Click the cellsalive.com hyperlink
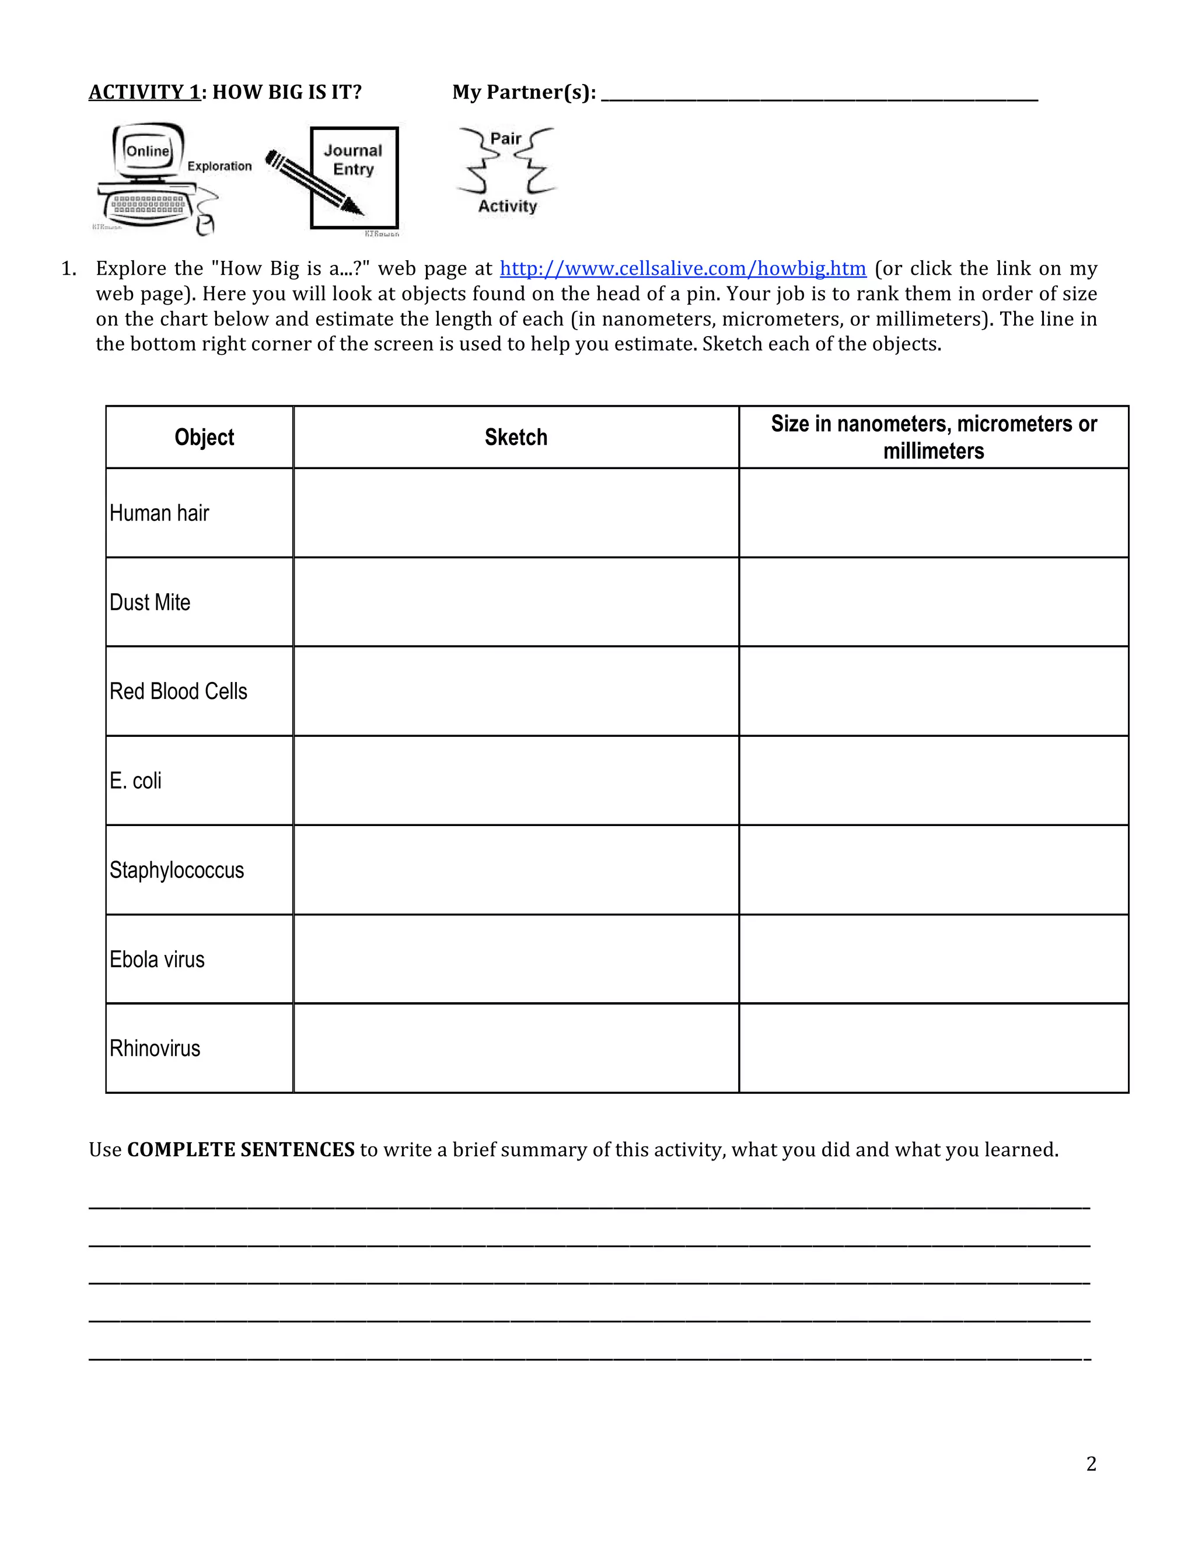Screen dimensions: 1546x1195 click(x=683, y=268)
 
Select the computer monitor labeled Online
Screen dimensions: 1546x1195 click(x=147, y=152)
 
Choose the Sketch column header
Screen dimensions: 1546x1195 click(x=515, y=438)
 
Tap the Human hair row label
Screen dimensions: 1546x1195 click(x=159, y=513)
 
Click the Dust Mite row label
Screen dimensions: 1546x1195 click(x=150, y=603)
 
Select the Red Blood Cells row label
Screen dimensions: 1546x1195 click(x=179, y=691)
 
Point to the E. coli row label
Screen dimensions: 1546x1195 click(x=135, y=781)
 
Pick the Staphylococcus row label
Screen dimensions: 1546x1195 click(x=176, y=870)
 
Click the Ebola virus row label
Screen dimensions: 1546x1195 click(x=157, y=960)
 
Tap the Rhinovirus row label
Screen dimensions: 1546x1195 click(x=155, y=1048)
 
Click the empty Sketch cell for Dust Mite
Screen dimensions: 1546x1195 click(x=515, y=603)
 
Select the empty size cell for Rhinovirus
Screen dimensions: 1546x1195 click(x=933, y=1048)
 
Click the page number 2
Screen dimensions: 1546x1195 click(x=1091, y=1464)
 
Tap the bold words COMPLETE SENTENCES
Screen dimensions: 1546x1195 click(x=241, y=1150)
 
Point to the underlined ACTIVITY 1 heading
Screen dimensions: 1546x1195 click(x=145, y=92)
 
